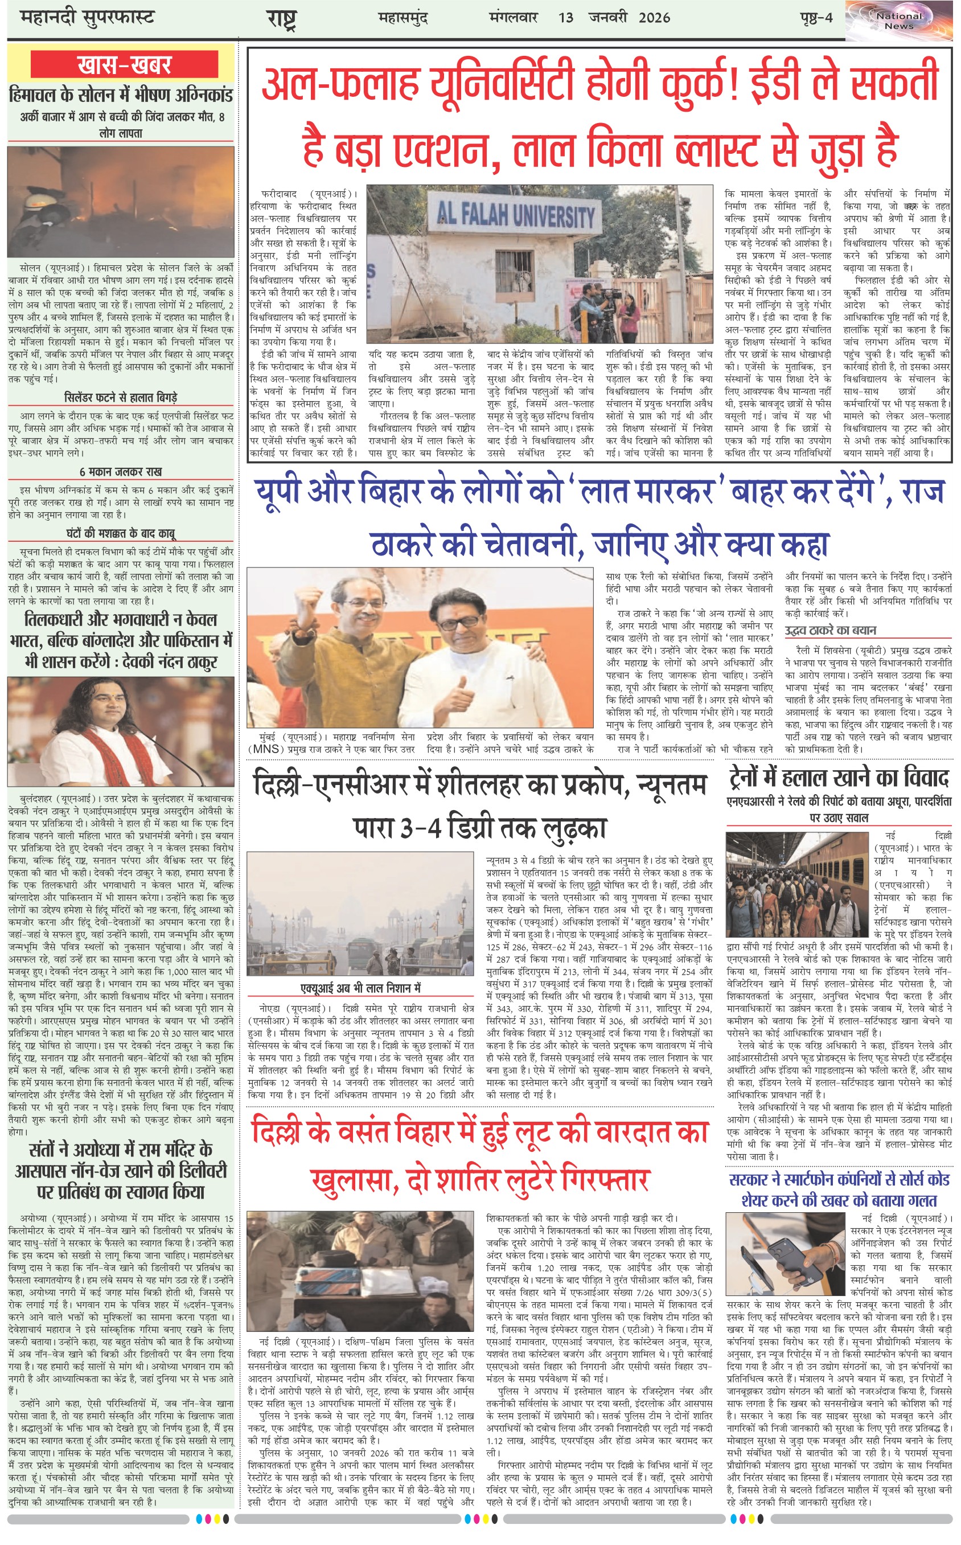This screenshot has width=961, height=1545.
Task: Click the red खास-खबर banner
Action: click(x=125, y=65)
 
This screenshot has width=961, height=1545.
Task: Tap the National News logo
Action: click(x=899, y=21)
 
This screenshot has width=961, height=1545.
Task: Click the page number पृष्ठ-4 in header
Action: click(x=816, y=17)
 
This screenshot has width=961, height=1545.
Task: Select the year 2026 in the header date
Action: click(x=654, y=17)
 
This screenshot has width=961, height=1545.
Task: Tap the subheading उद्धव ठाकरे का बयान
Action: click(x=830, y=630)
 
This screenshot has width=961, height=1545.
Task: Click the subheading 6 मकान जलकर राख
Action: click(x=121, y=472)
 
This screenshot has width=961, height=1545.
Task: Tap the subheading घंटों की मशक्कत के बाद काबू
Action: click(x=121, y=533)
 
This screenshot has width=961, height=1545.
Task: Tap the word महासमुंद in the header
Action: click(x=403, y=17)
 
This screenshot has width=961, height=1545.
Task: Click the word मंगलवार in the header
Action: click(x=514, y=17)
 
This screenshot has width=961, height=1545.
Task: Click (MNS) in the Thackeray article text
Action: click(x=266, y=749)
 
